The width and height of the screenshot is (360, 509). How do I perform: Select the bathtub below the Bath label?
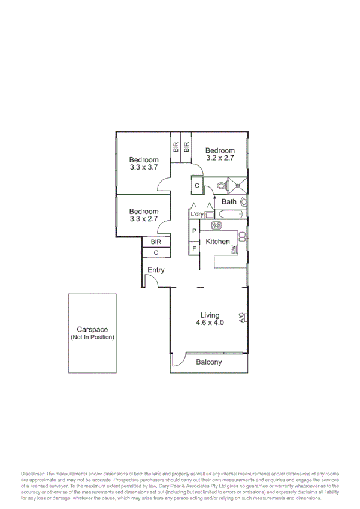point(230,214)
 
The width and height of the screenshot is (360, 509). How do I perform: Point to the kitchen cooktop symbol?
point(216,226)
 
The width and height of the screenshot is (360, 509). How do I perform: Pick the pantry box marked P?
point(195,231)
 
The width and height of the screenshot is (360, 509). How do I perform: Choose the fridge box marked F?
point(195,248)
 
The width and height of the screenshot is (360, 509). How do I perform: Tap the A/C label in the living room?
point(241,318)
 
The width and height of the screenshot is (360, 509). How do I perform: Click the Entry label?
point(156,270)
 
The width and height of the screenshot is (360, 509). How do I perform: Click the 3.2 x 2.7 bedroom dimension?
point(220,158)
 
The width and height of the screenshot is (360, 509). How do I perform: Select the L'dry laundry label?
point(197,214)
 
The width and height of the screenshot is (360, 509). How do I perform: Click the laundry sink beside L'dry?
point(210,215)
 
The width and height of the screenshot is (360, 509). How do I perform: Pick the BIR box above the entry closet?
point(156,242)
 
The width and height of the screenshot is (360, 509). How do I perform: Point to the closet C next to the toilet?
point(198,186)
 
